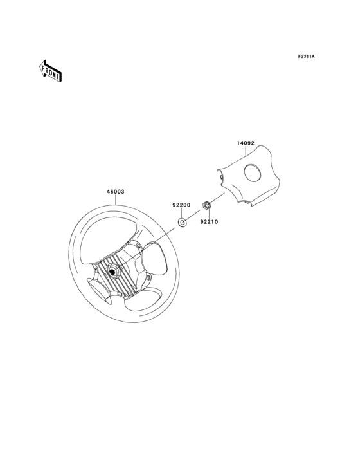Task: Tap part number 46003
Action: [115, 191]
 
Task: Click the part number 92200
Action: [181, 205]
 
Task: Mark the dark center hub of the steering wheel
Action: [113, 271]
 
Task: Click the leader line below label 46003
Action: [116, 199]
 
